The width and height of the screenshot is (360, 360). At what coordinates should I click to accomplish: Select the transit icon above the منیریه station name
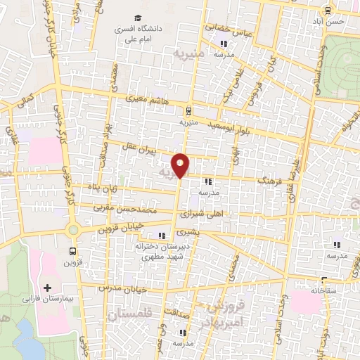pyautogui.click(x=188, y=110)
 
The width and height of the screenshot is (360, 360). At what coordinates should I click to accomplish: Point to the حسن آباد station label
pyautogui.click(x=335, y=22)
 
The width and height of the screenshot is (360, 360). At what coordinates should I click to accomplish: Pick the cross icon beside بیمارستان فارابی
pyautogui.click(x=48, y=288)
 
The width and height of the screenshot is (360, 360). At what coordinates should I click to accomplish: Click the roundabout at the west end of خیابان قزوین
pyautogui.click(x=72, y=230)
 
